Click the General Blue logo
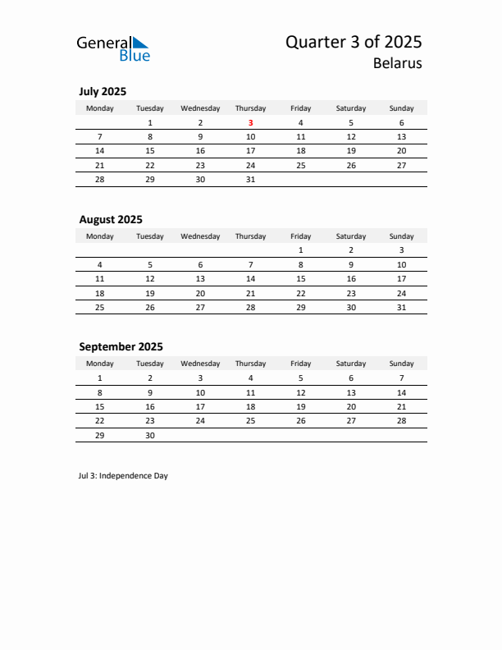113,48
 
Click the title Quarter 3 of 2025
353,42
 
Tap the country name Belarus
397,63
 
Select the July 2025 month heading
103,91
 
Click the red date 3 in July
250,122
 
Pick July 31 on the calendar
250,179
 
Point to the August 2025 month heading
111,219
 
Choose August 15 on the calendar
301,278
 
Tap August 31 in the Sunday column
401,307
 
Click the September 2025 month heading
121,346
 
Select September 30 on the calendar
150,436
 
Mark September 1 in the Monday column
100,378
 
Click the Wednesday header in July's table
200,108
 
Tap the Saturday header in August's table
351,236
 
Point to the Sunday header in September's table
401,364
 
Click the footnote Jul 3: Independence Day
123,475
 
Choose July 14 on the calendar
100,151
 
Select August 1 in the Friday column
301,249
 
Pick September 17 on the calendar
200,407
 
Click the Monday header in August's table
100,236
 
